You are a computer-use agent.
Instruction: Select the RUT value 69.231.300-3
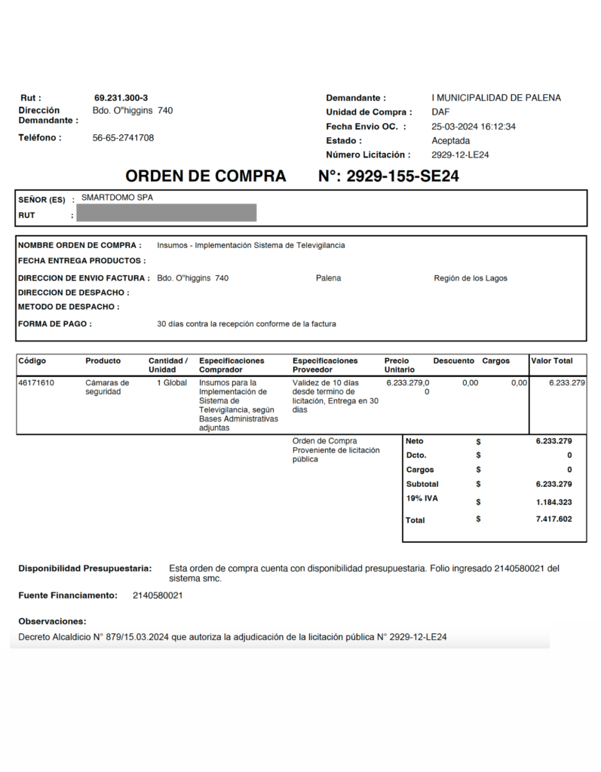click(121, 98)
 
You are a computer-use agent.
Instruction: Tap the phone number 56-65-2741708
click(123, 138)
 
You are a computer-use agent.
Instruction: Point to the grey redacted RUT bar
click(167, 213)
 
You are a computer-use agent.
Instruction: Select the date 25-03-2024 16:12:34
click(474, 127)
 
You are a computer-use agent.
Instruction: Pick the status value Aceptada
click(450, 141)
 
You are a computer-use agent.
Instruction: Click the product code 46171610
click(35, 383)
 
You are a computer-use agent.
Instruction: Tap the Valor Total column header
click(552, 361)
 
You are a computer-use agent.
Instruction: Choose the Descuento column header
click(453, 361)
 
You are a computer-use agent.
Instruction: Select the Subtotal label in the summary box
click(422, 484)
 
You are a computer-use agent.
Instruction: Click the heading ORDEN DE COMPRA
click(205, 176)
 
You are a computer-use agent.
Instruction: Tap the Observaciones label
click(52, 621)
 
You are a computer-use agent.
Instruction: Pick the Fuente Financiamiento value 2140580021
click(158, 596)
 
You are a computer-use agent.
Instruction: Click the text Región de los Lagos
click(471, 278)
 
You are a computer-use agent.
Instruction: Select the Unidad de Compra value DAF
click(440, 112)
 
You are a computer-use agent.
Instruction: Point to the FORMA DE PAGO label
click(55, 324)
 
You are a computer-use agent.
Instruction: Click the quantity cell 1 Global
click(171, 383)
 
